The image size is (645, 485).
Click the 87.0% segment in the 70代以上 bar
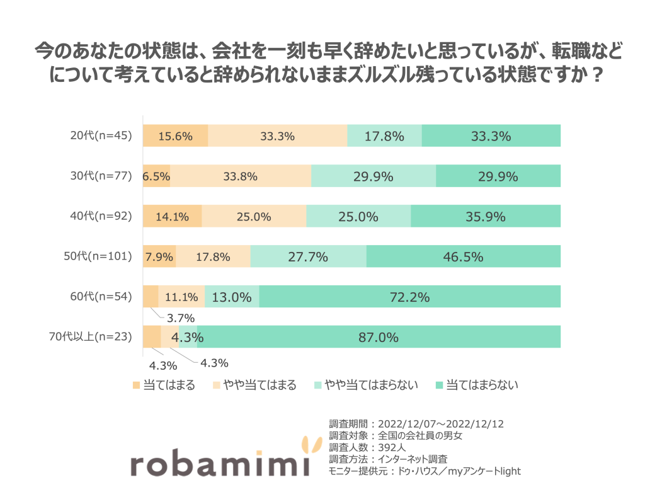point(379,337)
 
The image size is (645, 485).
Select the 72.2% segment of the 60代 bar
point(409,297)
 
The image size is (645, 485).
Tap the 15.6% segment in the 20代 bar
point(175,135)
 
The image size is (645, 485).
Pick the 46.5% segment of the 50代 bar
point(463,256)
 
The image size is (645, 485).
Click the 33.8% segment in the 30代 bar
point(240,176)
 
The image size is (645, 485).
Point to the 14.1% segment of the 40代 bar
point(172,217)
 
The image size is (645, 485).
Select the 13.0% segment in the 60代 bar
point(232,297)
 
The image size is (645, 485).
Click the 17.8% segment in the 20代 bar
point(384,135)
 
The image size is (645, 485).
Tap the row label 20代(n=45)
point(101,135)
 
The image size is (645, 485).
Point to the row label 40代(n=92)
point(101,216)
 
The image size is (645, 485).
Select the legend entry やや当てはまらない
point(365,385)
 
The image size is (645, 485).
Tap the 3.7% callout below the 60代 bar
point(180,317)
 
